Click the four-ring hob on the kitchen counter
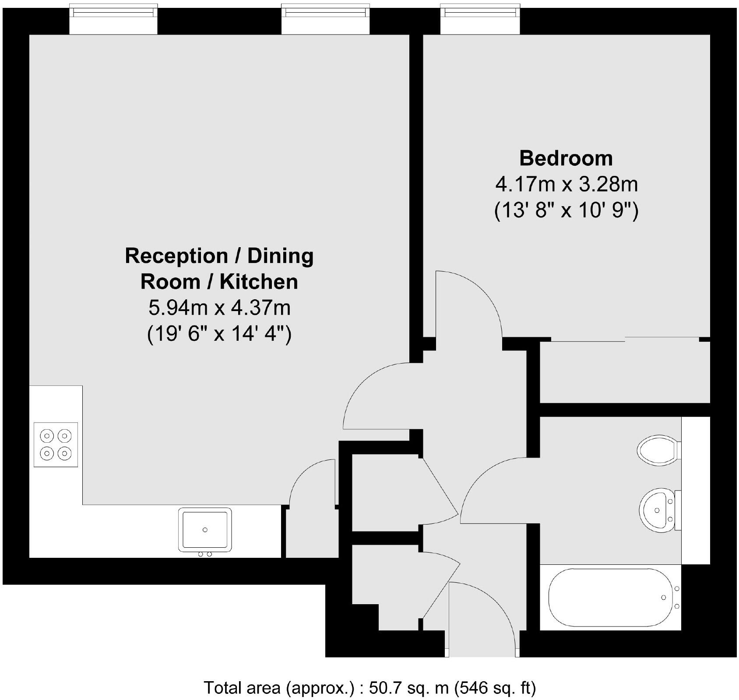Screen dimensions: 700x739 [x=56, y=444]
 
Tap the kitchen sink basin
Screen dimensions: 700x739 [x=205, y=529]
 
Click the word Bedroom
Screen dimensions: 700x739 [x=566, y=158]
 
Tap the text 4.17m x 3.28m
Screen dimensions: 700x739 [x=566, y=185]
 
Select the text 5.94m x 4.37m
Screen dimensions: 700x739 [x=219, y=308]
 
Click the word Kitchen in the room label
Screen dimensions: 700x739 [x=258, y=282]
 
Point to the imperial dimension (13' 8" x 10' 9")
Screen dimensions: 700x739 [x=566, y=211]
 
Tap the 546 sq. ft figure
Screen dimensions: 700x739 [x=495, y=688]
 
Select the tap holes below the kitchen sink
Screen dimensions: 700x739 [x=205, y=554]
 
